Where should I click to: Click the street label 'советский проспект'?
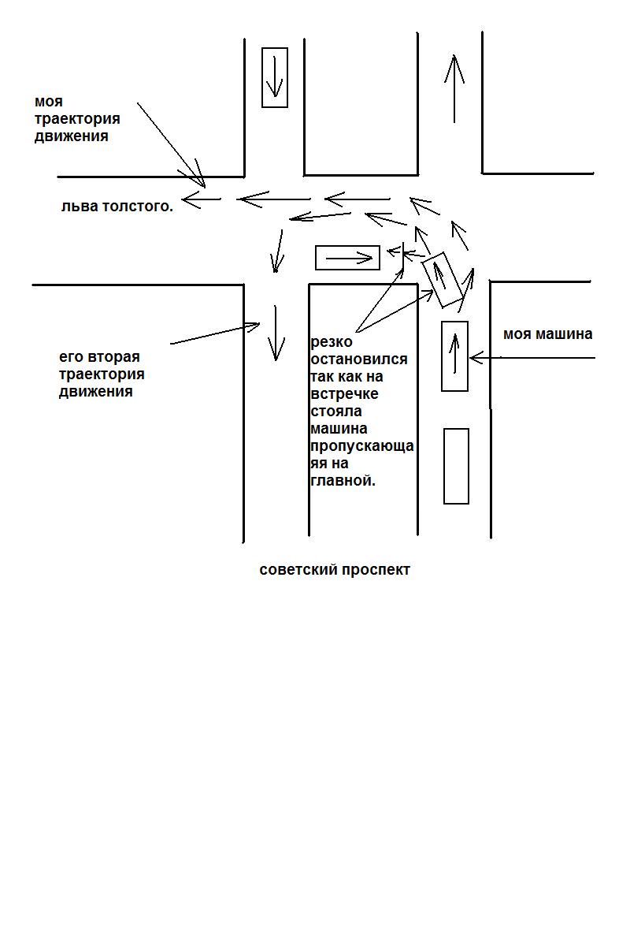point(335,570)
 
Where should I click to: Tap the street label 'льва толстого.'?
point(117,207)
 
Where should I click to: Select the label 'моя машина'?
point(547,334)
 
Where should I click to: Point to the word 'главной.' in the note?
point(343,481)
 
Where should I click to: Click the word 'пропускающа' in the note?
point(362,446)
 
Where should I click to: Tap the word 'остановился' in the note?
point(359,359)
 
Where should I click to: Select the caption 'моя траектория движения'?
point(77,119)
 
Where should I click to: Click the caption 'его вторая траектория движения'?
point(102,374)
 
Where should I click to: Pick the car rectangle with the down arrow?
point(275,77)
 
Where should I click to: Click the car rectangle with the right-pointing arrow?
point(347,258)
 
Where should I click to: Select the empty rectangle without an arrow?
point(456,466)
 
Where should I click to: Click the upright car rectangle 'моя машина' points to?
point(454,356)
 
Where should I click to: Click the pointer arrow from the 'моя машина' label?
point(532,358)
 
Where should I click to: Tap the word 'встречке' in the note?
point(344,394)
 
